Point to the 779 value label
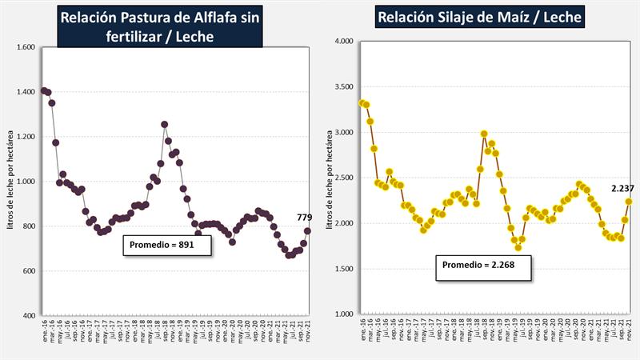click(304, 218)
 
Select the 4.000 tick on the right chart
click(342, 41)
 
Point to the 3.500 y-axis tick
click(342, 86)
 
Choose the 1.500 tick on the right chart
click(342, 269)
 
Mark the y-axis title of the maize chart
click(328, 178)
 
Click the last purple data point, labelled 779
click(308, 231)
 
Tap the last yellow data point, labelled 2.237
click(628, 202)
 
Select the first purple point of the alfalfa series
click(43, 90)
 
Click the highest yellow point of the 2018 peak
click(484, 134)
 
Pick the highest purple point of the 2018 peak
click(164, 124)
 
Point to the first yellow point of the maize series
click(362, 102)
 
